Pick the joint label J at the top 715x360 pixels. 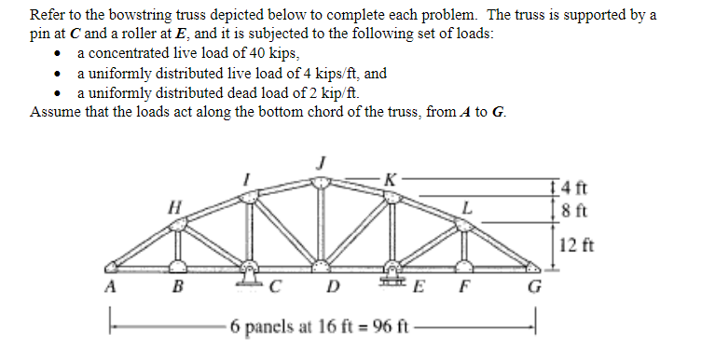click(321, 161)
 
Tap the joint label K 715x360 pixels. click(390, 176)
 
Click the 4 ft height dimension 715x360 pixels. click(579, 185)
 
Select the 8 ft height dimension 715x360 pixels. click(579, 205)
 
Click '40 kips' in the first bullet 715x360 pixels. click(268, 53)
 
